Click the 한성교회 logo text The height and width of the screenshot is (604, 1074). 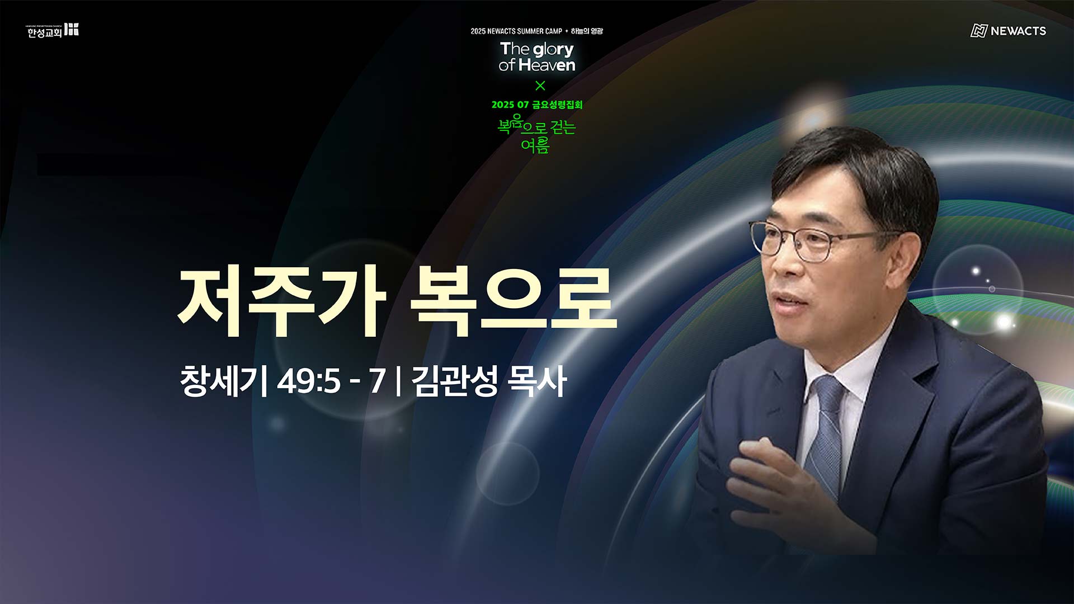45,33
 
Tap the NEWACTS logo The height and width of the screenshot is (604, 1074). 1008,31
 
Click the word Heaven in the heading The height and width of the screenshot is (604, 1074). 547,65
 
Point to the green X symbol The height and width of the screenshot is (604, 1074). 540,86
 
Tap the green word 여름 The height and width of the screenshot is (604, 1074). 535,145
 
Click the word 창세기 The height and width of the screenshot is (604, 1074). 223,381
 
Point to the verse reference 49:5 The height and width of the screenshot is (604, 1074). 308,381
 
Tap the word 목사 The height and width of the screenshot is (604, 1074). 536,381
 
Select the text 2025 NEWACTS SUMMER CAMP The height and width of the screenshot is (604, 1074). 516,31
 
